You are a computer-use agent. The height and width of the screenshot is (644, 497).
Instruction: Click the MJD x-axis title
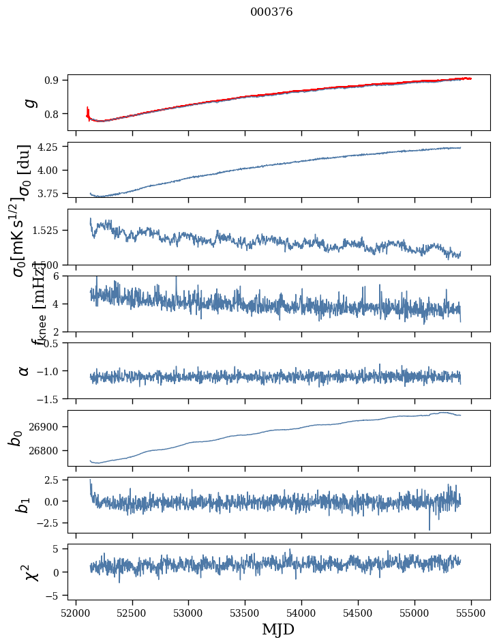[278, 629]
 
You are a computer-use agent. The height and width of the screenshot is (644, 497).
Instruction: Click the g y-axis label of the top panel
[29, 102]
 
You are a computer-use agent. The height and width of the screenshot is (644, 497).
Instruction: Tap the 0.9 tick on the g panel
[53, 80]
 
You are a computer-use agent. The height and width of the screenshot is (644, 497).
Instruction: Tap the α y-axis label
[25, 370]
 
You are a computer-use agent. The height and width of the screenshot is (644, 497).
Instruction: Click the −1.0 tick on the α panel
[48, 370]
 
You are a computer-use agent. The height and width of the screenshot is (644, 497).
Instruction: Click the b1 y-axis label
[24, 506]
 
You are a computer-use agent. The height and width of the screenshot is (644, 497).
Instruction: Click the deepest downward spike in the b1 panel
[430, 528]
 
